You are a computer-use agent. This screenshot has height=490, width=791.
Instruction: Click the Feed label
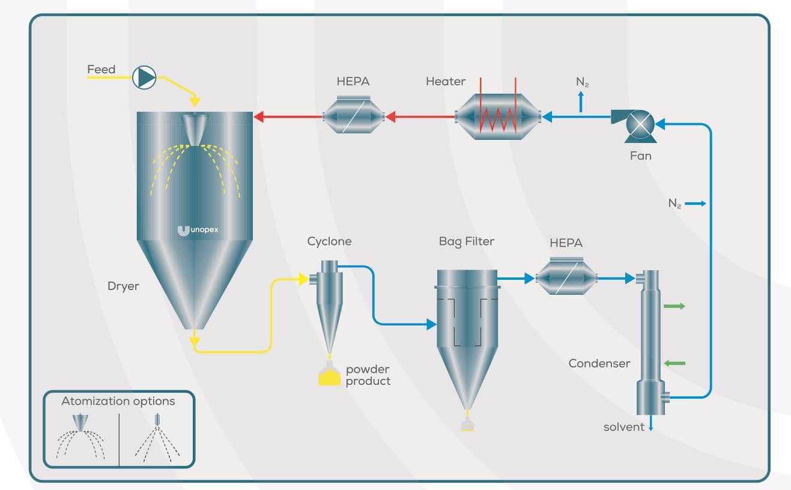(x=101, y=70)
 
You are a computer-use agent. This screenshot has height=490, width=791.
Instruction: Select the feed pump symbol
(x=144, y=77)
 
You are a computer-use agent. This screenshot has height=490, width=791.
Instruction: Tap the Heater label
(x=446, y=82)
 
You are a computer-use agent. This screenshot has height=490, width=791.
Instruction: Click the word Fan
(x=640, y=156)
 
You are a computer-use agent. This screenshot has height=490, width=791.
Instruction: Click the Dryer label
(x=123, y=286)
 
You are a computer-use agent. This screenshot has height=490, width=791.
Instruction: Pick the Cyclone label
(x=329, y=242)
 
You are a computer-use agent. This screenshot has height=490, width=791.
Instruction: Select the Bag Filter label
(x=467, y=242)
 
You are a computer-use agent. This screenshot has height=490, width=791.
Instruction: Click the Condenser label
(x=599, y=363)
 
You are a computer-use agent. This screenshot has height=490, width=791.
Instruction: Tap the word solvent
(x=623, y=427)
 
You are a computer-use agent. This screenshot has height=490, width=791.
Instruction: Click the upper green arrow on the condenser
(x=674, y=306)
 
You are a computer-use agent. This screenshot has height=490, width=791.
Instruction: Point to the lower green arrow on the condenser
(x=674, y=363)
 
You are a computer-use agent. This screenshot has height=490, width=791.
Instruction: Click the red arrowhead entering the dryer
(x=259, y=117)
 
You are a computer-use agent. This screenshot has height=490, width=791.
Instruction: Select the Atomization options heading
(x=118, y=401)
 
